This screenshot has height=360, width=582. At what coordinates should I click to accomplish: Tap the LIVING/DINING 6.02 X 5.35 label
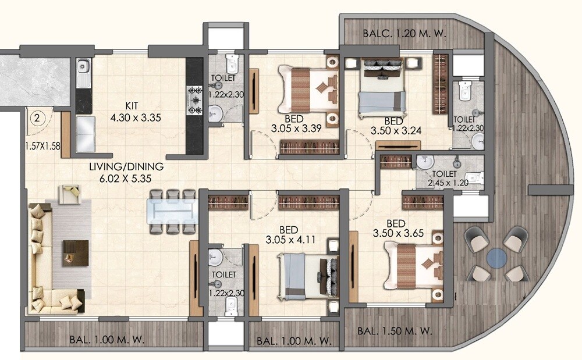[x=126, y=172]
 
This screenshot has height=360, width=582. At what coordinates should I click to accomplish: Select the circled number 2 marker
[x=37, y=119]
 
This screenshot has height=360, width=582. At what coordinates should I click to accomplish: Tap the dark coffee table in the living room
[x=76, y=253]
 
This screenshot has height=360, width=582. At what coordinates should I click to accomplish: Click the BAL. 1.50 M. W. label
[x=395, y=331]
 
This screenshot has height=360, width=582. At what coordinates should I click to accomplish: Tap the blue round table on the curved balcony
[x=498, y=258]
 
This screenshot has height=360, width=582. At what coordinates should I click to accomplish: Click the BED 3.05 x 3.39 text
[x=297, y=123]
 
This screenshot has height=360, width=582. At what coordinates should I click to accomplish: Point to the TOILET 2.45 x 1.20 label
[x=449, y=178]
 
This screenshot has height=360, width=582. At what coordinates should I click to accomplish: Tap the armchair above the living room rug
[x=72, y=195]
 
